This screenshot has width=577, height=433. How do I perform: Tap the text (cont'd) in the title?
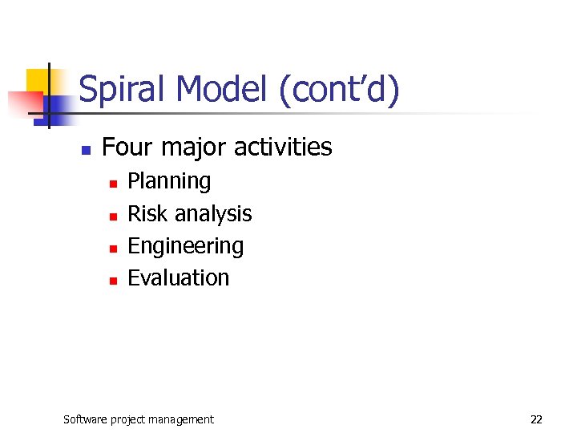click(x=339, y=90)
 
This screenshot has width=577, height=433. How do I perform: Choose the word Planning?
click(x=169, y=182)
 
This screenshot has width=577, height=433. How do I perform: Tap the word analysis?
click(x=213, y=214)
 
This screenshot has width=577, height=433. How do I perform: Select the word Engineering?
click(x=185, y=246)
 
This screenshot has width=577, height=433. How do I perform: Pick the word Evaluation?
click(x=178, y=277)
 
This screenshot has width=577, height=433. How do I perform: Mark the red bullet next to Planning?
click(x=113, y=184)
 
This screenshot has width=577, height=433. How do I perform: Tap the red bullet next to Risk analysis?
click(x=113, y=216)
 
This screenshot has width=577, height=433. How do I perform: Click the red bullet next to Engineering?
click(x=113, y=248)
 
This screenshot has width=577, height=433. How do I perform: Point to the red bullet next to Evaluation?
click(x=113, y=280)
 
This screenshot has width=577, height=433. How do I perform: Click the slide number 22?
click(x=536, y=419)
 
